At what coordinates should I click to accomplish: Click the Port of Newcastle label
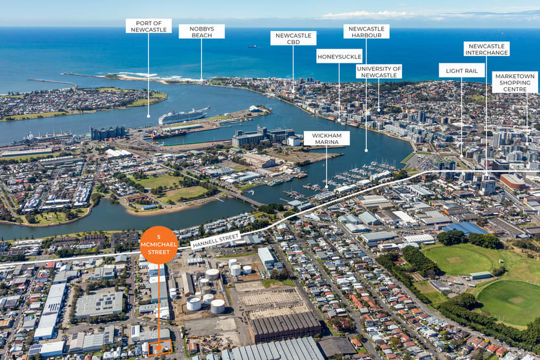pos(148,26)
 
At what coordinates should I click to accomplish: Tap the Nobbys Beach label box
pos(201,32)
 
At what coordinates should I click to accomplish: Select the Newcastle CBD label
pos(293,38)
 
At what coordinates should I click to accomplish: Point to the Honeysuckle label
pos(339,56)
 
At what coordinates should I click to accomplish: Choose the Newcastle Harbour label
pos(366,32)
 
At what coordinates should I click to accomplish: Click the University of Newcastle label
pos(379,72)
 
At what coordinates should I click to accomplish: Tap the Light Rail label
pos(461,70)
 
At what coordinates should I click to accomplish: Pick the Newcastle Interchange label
pos(486,49)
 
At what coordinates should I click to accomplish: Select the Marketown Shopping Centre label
pos(515,83)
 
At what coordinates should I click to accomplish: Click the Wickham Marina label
pos(326,139)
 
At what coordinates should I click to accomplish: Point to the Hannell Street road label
pos(215,240)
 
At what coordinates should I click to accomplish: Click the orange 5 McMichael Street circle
pos(159,245)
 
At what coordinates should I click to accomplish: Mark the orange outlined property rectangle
pos(160,347)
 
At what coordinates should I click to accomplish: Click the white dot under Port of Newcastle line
pos(148,116)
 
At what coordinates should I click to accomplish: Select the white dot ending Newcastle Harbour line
pos(366,150)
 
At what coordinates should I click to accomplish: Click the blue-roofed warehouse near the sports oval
pos(465,228)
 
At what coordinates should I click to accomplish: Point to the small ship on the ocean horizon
pos(252,46)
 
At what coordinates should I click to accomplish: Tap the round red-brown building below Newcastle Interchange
pos(513,181)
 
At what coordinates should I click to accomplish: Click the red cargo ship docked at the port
pos(167,135)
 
